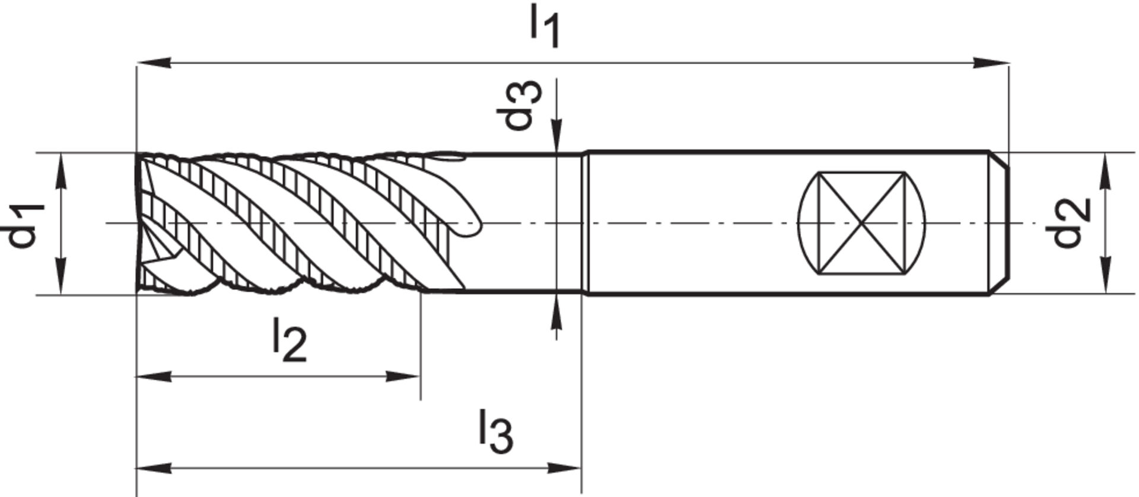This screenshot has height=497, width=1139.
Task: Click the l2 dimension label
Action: [x=289, y=340]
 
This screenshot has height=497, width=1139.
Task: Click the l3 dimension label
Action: [x=495, y=432]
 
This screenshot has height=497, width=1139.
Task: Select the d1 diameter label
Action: [x=27, y=225]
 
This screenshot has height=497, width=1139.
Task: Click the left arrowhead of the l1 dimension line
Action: [x=153, y=62]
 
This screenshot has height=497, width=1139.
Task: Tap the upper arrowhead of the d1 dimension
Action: [x=62, y=169]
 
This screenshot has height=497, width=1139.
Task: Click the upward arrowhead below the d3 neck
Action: [x=556, y=310]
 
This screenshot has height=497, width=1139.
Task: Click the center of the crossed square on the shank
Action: [x=862, y=224]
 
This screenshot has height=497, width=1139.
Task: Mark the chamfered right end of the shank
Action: [x=1000, y=224]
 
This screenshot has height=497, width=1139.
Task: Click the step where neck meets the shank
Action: [x=585, y=224]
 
